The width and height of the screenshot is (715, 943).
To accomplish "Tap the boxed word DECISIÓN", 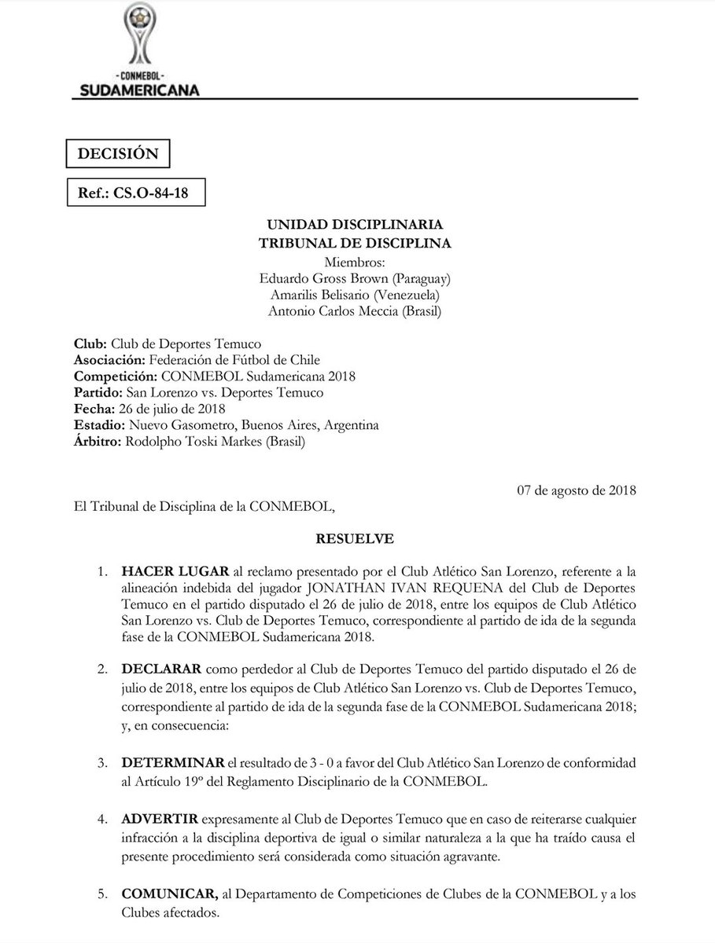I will pyautogui.click(x=117, y=153).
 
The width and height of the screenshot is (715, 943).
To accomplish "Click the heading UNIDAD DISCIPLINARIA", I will pyautogui.click(x=355, y=226).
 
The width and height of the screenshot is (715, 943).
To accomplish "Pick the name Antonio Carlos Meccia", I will pyautogui.click(x=321, y=312).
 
